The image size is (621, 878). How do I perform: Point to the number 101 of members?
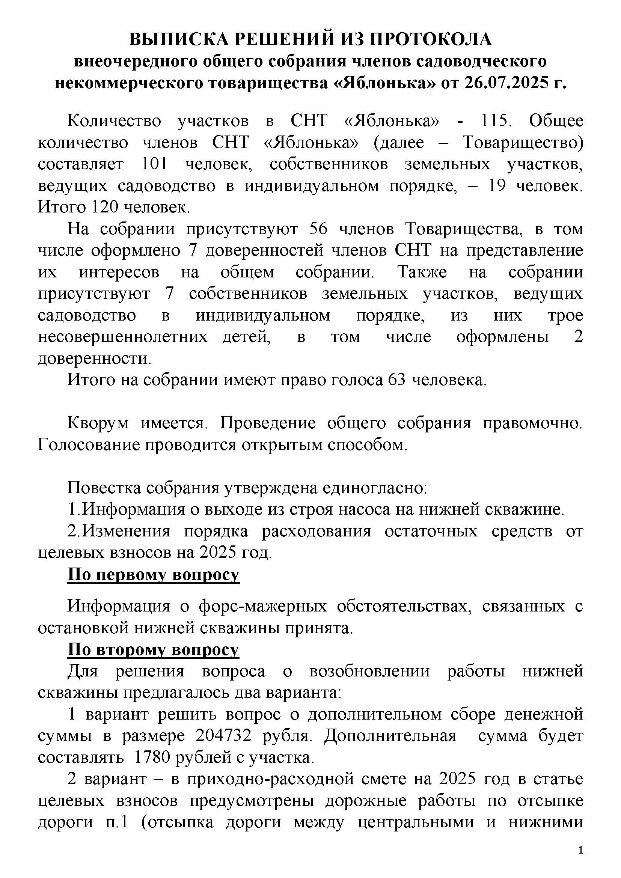[155, 164]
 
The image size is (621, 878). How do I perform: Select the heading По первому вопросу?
[153, 575]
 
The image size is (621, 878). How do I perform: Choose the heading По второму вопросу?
[153, 650]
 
